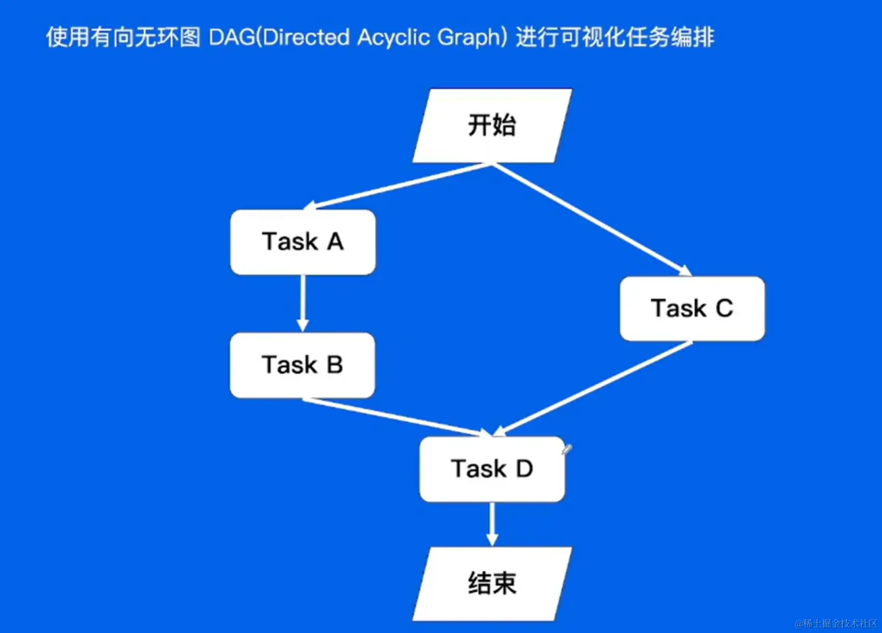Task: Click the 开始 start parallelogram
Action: pos(492,126)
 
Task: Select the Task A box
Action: pos(303,242)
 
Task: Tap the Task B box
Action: pos(302,365)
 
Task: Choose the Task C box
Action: pos(692,308)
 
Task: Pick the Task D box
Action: pos(492,469)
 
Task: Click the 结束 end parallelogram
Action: pos(492,583)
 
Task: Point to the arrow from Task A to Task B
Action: pos(302,303)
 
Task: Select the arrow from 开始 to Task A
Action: pos(398,186)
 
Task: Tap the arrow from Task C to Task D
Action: pos(593,388)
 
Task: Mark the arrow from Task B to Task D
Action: pos(395,416)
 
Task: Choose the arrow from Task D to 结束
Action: pos(492,523)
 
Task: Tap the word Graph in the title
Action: pos(469,37)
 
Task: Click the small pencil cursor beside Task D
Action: pos(567,449)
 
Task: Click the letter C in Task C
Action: pos(725,308)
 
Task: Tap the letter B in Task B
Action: pos(335,365)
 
